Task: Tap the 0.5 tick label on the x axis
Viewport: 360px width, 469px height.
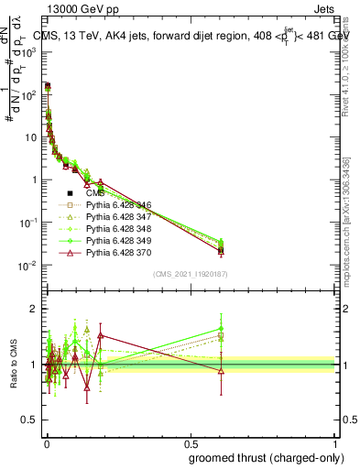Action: click(191, 444)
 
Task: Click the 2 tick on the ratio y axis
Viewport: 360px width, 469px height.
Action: click(36, 308)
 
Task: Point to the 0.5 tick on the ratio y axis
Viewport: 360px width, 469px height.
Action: click(33, 422)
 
